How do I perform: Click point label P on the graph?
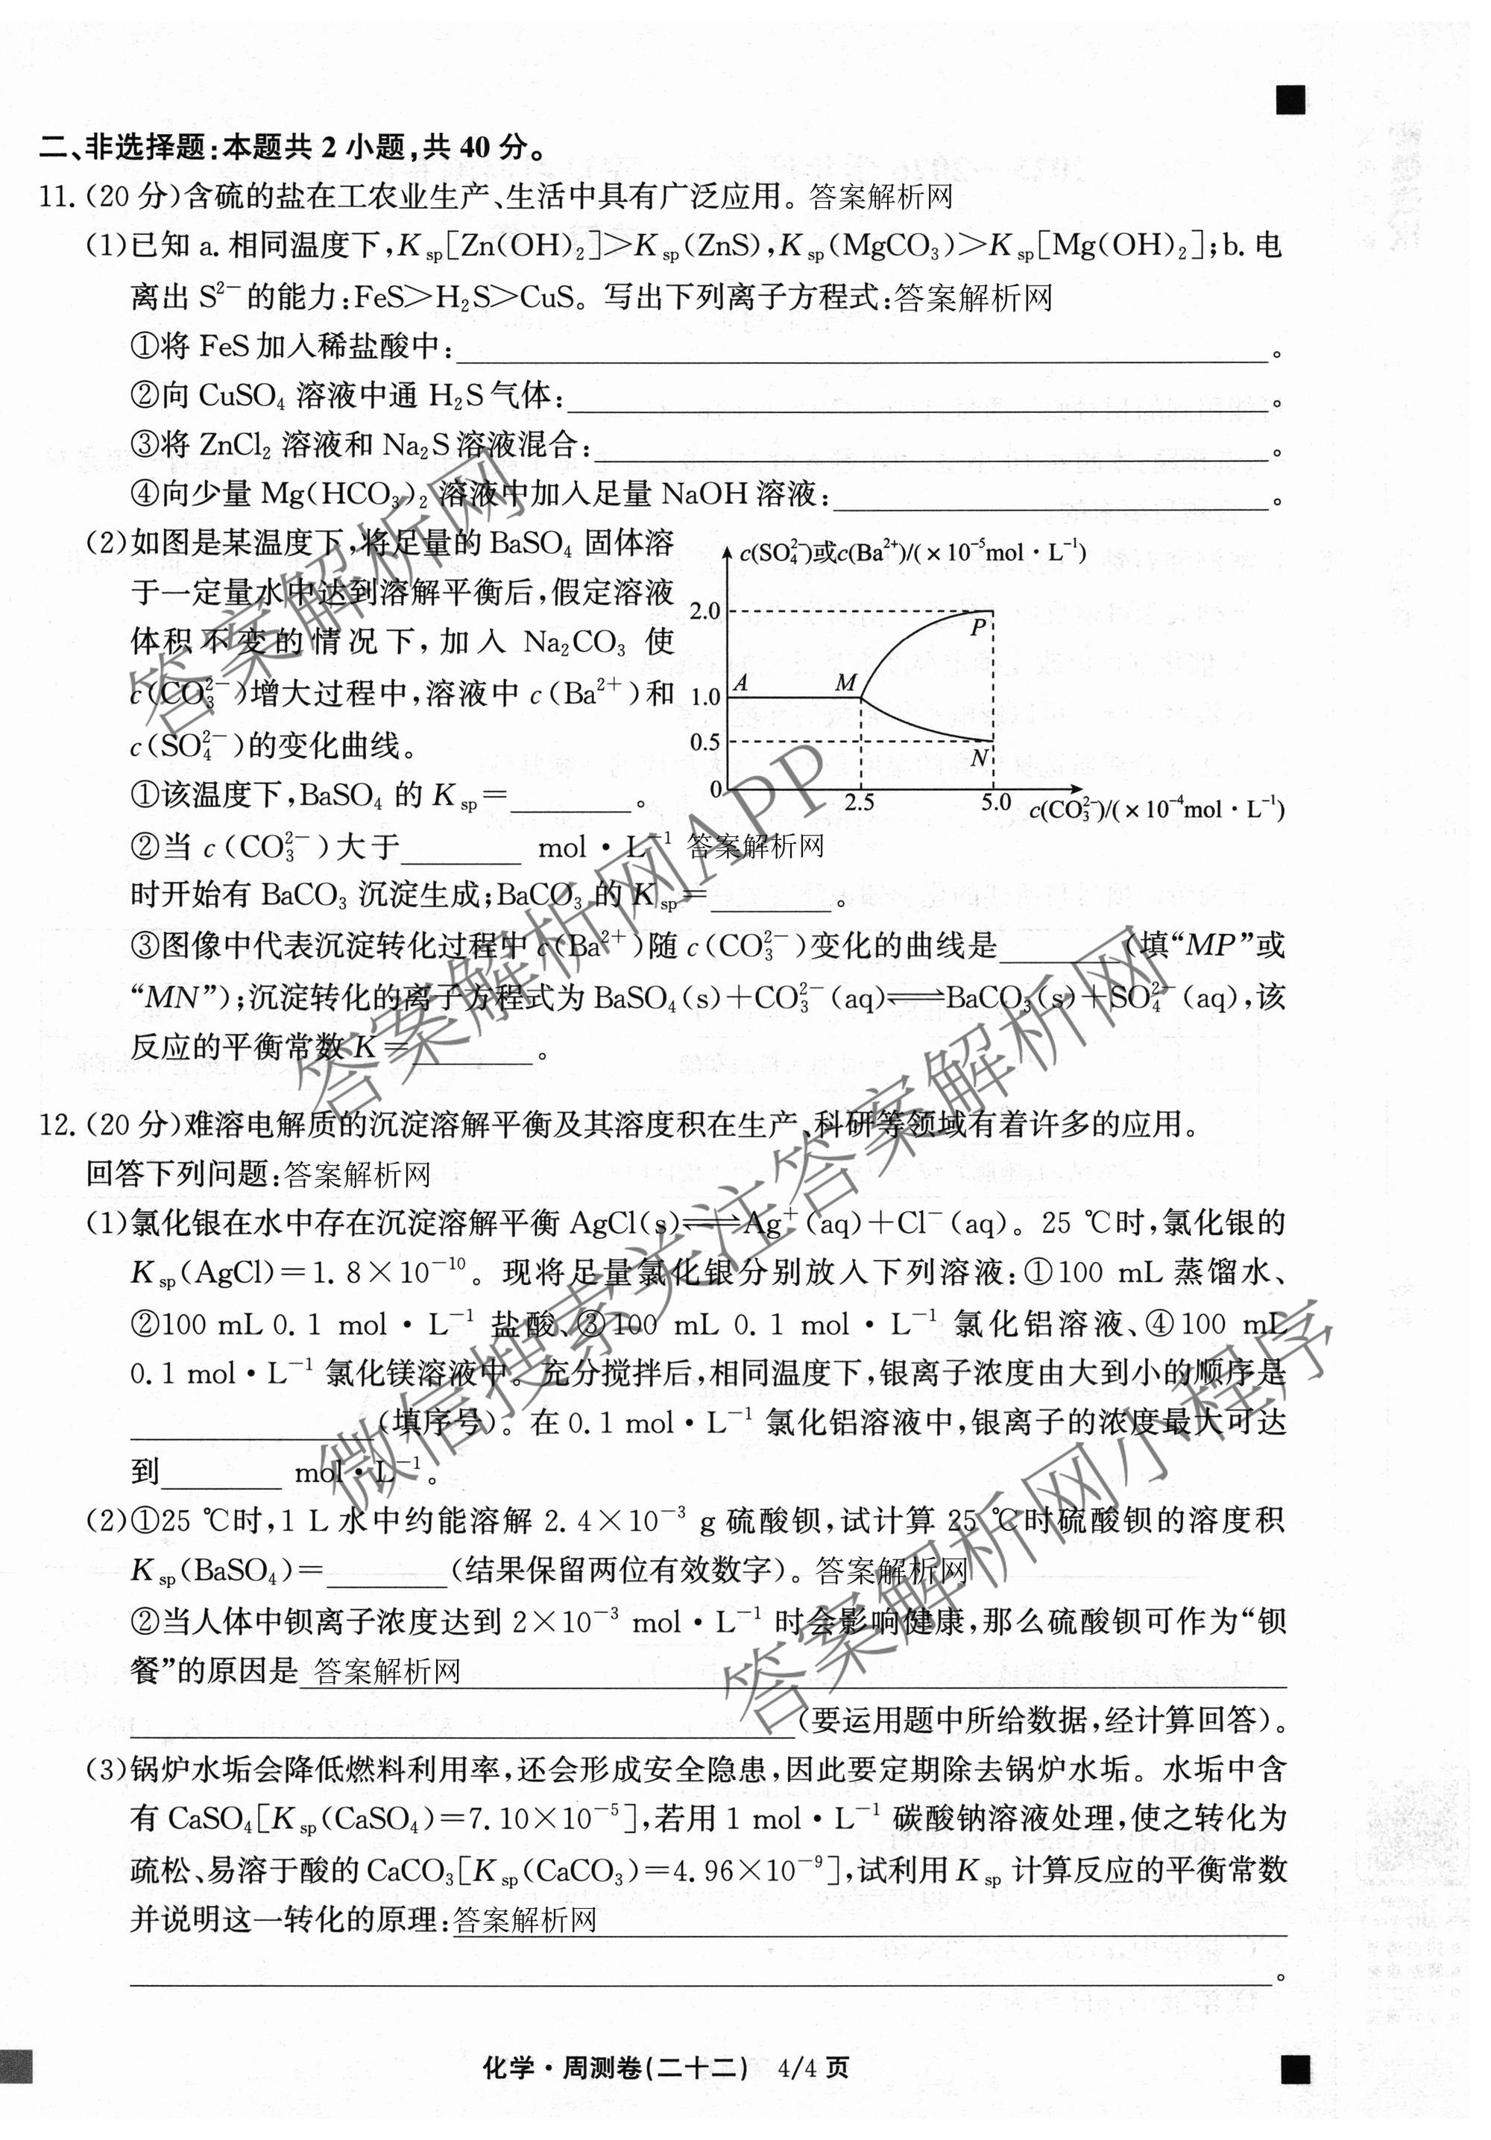[977, 628]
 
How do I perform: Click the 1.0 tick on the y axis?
[705, 696]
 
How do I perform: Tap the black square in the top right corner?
[1290, 100]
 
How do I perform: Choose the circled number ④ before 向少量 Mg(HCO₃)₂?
[145, 494]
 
